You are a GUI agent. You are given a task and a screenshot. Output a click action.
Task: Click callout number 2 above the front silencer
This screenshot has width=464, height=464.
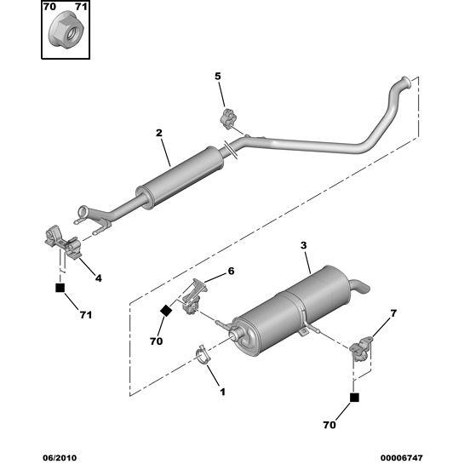[158, 133]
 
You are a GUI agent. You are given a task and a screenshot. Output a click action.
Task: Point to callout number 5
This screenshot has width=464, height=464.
[217, 77]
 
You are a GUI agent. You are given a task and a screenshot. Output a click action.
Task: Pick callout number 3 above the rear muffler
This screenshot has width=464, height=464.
[304, 246]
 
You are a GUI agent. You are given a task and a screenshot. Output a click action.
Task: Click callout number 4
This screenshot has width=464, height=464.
[99, 278]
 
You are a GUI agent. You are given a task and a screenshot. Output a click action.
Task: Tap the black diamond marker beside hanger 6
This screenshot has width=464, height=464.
[167, 311]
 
